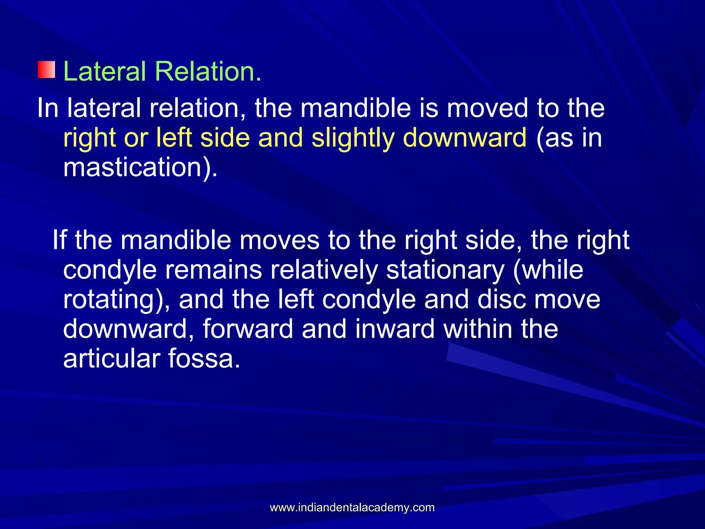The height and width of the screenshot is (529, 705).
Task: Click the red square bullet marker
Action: [x=46, y=70]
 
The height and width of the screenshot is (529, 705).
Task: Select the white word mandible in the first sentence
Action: [x=356, y=108]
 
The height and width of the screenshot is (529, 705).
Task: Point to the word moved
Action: [x=487, y=108]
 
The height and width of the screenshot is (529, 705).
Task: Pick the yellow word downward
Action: [x=464, y=137]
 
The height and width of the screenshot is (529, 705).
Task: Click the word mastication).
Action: [x=140, y=167]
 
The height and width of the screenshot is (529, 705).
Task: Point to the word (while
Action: [x=548, y=270]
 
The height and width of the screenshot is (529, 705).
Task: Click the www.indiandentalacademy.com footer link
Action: [x=352, y=507]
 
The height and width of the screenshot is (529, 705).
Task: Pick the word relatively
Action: [x=324, y=270]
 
